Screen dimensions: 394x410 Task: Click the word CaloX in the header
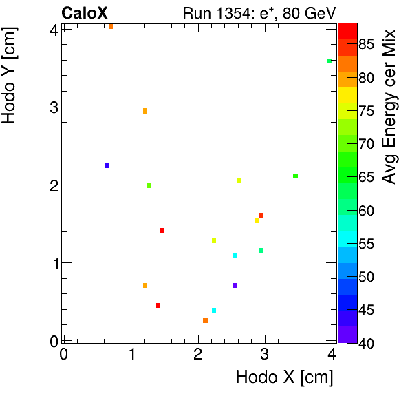click(85, 12)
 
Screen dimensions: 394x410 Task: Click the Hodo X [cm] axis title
click(284, 377)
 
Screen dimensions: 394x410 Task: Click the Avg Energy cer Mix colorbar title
click(389, 107)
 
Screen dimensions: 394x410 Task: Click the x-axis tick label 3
click(265, 354)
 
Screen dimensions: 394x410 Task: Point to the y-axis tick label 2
click(52, 185)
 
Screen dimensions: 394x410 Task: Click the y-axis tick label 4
click(52, 29)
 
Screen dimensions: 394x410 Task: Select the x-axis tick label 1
click(131, 354)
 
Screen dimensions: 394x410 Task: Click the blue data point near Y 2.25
click(107, 165)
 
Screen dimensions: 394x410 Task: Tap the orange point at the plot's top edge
click(111, 26)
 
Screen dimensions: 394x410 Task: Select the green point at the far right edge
click(330, 61)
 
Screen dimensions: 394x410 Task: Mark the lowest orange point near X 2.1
click(205, 320)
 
